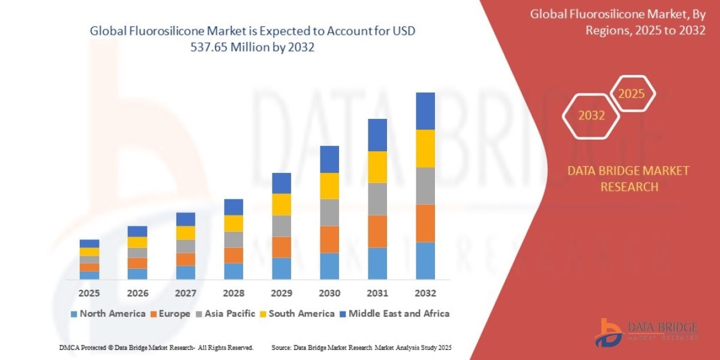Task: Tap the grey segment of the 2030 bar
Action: [329, 212]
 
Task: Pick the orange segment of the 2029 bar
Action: [281, 247]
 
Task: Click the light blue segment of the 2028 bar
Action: [233, 271]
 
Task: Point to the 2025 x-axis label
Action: [89, 293]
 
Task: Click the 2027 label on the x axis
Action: [185, 293]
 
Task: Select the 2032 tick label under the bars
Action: [425, 293]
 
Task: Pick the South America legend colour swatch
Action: [263, 314]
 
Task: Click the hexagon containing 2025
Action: [631, 94]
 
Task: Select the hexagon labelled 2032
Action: [591, 116]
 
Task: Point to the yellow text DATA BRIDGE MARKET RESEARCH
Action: [628, 179]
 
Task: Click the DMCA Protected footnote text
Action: [156, 347]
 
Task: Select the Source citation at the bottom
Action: [361, 347]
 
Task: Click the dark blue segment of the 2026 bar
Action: [137, 231]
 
